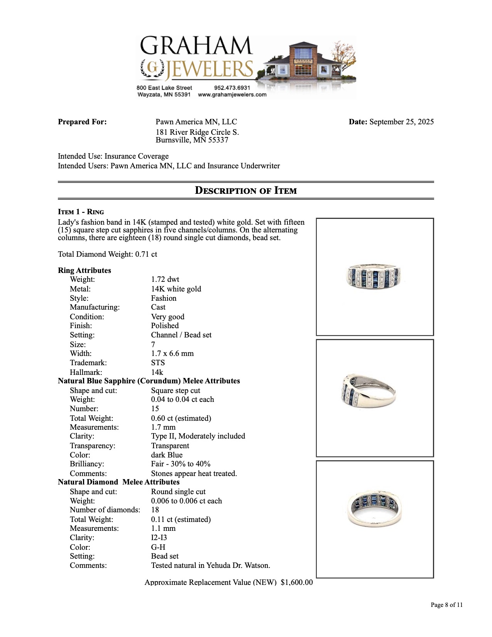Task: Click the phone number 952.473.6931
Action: [x=232, y=88]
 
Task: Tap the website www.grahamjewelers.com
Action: [x=232, y=95]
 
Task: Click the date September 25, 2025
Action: [x=401, y=122]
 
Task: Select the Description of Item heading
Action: [x=246, y=190]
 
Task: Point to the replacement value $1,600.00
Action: [x=297, y=582]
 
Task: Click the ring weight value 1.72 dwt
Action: [x=165, y=280]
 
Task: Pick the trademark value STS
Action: [x=158, y=363]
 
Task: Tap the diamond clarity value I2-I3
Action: [x=159, y=538]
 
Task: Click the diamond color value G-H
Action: [x=158, y=547]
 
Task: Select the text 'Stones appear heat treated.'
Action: [x=194, y=474]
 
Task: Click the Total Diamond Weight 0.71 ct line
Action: [x=108, y=254]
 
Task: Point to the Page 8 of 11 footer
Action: [x=446, y=605]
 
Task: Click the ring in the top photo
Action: [x=374, y=277]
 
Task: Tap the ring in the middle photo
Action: [x=369, y=391]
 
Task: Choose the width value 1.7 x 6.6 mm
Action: [x=172, y=354]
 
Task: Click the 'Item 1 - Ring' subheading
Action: [x=81, y=212]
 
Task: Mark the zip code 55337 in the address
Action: [x=218, y=140]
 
